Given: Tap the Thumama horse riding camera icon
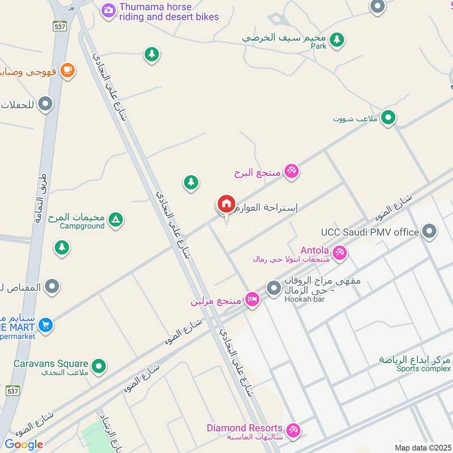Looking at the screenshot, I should click(108, 10).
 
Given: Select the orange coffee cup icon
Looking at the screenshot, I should click(67, 70).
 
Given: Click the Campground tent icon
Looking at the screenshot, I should click(116, 219).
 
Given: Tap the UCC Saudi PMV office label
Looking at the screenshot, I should click(370, 232).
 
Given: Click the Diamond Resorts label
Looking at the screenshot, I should click(244, 428).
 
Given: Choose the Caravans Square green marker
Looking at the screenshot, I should click(100, 366).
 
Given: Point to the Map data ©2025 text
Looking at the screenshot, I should click(422, 448).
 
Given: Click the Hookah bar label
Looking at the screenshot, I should click(304, 299).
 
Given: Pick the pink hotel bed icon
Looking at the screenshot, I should click(253, 300).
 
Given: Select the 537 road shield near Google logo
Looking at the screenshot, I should click(12, 391).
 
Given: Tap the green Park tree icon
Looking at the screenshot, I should click(337, 39).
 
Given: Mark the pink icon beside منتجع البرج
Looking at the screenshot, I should click(291, 171).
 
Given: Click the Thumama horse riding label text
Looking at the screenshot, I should click(169, 12).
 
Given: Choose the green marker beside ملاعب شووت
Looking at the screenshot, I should click(388, 118).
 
